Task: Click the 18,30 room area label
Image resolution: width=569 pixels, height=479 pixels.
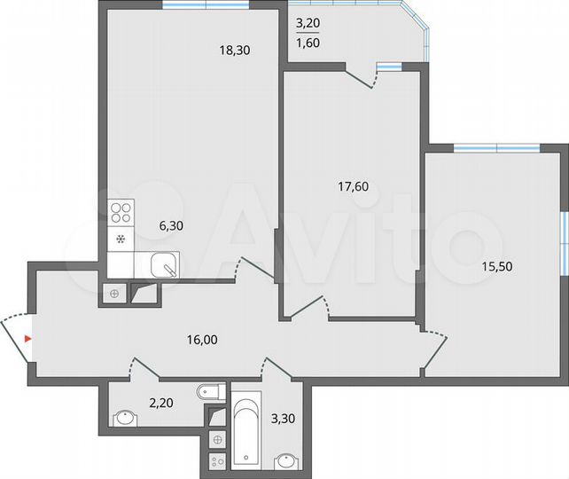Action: [x=236, y=51]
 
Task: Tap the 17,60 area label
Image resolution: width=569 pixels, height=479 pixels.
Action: [x=354, y=186]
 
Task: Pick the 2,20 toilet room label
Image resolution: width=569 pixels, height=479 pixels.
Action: [x=160, y=403]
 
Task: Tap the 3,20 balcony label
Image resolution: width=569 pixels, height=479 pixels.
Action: [x=308, y=25]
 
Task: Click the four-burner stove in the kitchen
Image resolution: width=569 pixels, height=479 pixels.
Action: [x=121, y=213]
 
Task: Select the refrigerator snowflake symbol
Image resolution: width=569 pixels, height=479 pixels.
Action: [x=120, y=239]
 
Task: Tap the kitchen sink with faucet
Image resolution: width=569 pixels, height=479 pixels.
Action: [x=162, y=264]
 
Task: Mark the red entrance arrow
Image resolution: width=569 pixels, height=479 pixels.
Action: [x=28, y=338]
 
